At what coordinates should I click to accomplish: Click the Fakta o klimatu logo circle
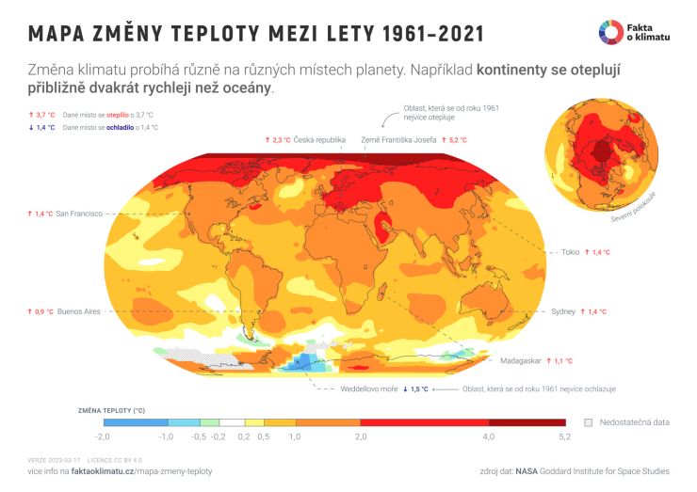coord(609,31)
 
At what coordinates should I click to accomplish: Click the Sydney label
coord(563,311)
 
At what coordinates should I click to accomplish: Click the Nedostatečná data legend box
coord(589,422)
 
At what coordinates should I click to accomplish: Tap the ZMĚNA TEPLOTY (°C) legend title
coord(112,409)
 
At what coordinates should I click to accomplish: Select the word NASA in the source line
coord(527,469)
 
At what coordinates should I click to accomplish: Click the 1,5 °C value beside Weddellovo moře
coord(418,389)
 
